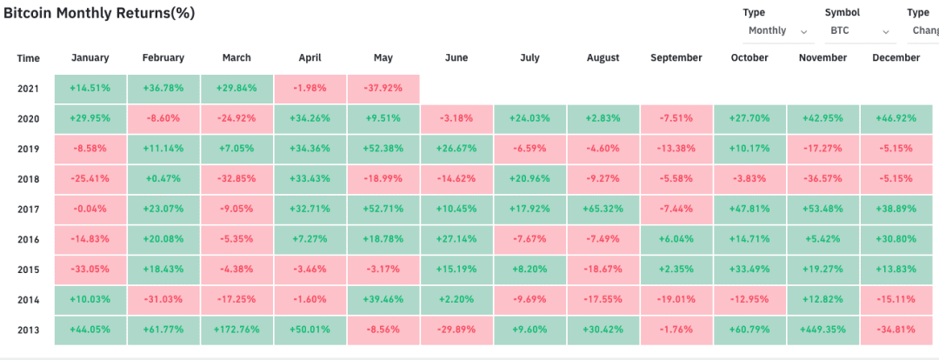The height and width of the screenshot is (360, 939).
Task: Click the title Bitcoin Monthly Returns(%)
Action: [99, 14]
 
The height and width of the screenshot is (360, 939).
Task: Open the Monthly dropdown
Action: [778, 30]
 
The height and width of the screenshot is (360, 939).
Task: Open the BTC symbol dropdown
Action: [860, 30]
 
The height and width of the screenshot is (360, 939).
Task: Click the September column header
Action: [676, 58]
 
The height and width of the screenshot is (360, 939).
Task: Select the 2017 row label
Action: [28, 210]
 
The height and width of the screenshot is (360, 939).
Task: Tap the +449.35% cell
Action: [822, 330]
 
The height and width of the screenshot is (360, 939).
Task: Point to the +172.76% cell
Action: [236, 330]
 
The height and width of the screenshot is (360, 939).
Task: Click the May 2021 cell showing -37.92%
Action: [383, 89]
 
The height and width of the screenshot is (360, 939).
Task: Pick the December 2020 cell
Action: [896, 118]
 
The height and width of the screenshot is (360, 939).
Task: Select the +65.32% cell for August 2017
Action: [603, 210]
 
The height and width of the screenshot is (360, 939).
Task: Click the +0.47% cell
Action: [163, 179]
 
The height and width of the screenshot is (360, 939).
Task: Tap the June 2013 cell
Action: [457, 330]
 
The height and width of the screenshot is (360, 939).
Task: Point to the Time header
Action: [28, 59]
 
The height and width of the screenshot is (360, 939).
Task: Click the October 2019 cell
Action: [749, 150]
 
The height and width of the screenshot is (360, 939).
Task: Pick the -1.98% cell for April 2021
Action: [310, 89]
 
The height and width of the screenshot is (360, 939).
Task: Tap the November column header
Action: [822, 58]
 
